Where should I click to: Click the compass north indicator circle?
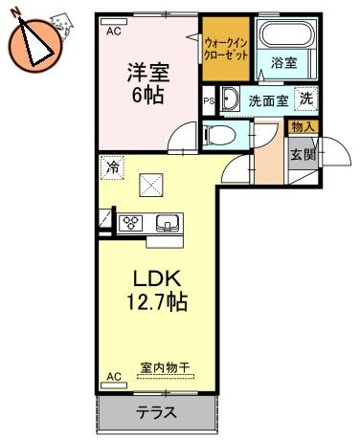(35, 46)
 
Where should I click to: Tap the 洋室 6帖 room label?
(148, 83)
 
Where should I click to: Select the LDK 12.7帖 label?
(157, 290)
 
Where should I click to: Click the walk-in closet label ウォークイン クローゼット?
(226, 49)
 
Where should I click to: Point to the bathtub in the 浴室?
(286, 33)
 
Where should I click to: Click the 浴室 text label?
(283, 62)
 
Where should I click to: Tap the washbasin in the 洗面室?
(230, 98)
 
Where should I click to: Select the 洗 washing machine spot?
(306, 99)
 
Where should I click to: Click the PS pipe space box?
(209, 100)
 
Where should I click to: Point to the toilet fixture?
(218, 135)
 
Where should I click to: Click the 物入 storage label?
(304, 127)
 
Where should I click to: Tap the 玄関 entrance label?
(303, 155)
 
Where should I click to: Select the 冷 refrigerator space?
(112, 167)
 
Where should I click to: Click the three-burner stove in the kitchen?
(130, 222)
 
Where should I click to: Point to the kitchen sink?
(167, 223)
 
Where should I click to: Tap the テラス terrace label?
(156, 412)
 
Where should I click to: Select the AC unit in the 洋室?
(114, 22)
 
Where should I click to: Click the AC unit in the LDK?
(114, 385)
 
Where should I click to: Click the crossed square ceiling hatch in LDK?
(151, 185)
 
